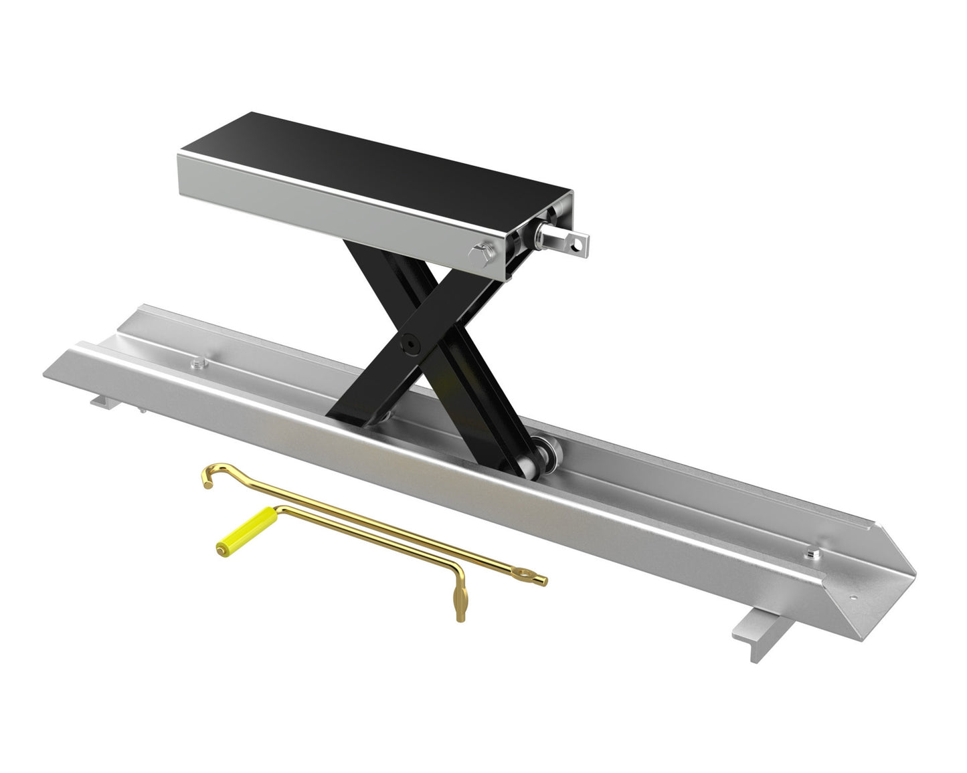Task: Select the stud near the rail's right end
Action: click(812, 552)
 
